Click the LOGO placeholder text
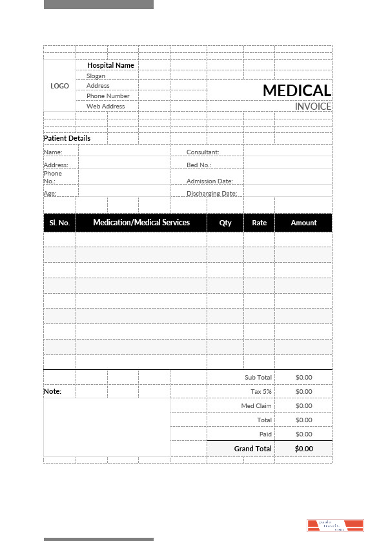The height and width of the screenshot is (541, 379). coord(59,86)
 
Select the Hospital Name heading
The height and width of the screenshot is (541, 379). coord(110,65)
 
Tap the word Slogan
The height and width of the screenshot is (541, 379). coord(96,76)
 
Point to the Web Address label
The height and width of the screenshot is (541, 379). coord(106,107)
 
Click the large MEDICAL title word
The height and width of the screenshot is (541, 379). coord(296,91)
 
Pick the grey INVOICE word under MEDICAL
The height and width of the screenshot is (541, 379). coord(313,107)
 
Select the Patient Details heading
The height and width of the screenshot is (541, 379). coord(67,138)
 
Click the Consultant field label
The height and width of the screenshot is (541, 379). coord(203,152)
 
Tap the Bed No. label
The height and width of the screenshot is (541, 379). coord(199,165)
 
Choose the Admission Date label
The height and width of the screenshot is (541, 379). coord(210,181)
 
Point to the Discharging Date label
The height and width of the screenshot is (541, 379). coord(212,194)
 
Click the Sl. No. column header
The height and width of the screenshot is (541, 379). coord(59,223)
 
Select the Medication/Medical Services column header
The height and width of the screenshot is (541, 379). coord(141,223)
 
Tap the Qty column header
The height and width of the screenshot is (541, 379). coord(225,223)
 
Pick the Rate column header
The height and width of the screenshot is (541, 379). coord(259,223)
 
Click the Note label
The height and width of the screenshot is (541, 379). coord(52,391)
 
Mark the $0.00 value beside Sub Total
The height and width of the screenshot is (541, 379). coord(303,377)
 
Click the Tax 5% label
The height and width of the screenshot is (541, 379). coord(261,391)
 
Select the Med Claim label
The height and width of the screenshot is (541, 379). coord(256,405)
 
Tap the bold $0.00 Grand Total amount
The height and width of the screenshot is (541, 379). coord(303,449)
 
